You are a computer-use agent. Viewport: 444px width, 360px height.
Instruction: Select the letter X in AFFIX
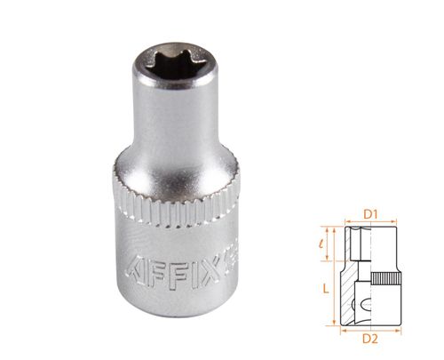click(206, 262)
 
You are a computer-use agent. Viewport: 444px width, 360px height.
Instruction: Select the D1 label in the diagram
click(373, 212)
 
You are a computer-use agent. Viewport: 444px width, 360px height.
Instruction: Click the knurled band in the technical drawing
click(387, 278)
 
